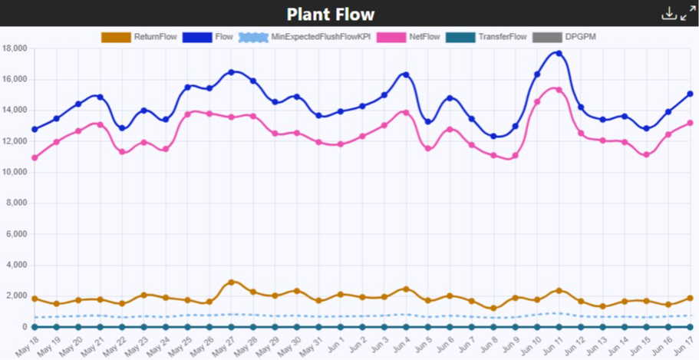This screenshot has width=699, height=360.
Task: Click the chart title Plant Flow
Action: [x=331, y=15]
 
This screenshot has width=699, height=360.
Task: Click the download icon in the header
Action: [x=668, y=14]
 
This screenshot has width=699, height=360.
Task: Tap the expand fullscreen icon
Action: [x=687, y=14]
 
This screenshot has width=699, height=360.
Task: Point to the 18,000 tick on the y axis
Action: [x=15, y=48]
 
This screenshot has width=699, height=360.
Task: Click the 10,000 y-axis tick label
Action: [x=15, y=173]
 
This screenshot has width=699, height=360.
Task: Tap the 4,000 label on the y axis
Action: [x=17, y=265]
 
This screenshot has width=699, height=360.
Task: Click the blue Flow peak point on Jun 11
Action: [x=559, y=54]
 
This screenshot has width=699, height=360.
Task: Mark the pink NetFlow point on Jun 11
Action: [x=559, y=90]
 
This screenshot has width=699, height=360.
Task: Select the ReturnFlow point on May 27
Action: [x=231, y=282]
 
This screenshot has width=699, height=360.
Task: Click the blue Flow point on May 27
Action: [x=231, y=72]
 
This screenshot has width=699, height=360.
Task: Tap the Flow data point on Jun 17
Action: [x=690, y=94]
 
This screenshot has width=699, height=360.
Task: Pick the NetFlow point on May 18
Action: [x=35, y=157]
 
